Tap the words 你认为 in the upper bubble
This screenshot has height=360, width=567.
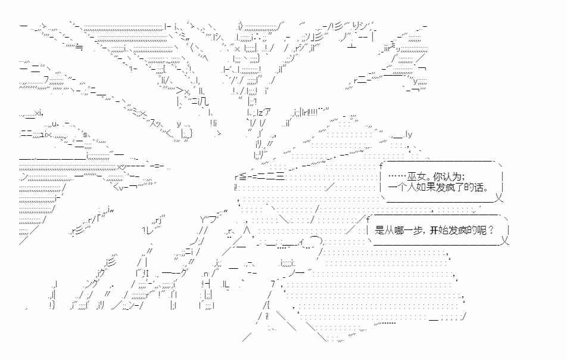tap(447, 177)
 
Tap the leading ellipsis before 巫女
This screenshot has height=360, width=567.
tap(397, 176)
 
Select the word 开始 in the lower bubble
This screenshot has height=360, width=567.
tap(438, 230)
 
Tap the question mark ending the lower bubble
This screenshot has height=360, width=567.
tap(491, 230)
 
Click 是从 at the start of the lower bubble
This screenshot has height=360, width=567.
tap(384, 230)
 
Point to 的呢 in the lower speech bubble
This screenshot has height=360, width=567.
tap(477, 230)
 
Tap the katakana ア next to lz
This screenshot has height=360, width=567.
tap(266, 112)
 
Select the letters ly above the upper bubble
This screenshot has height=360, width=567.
tap(409, 135)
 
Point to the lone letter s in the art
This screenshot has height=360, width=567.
tap(85, 135)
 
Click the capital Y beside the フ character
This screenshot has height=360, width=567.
tap(202, 219)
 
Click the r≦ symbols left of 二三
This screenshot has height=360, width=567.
tap(241, 176)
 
